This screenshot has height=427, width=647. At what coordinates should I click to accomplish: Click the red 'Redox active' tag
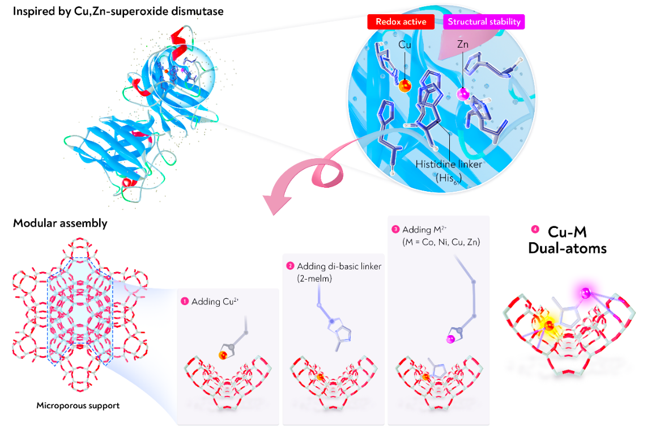tap(401, 22)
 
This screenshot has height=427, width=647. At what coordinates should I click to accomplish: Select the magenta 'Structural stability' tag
tap(484, 22)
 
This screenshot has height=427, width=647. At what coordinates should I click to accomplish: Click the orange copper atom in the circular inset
tap(405, 86)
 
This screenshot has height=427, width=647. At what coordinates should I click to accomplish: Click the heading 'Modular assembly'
tap(60, 223)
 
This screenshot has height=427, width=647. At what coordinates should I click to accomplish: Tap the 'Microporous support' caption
tap(78, 405)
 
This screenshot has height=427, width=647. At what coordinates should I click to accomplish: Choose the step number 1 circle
tap(184, 302)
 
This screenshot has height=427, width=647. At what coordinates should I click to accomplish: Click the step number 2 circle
tap(290, 265)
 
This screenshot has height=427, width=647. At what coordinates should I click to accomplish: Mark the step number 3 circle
tap(395, 230)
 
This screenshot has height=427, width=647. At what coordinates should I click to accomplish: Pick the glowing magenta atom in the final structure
tap(585, 293)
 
